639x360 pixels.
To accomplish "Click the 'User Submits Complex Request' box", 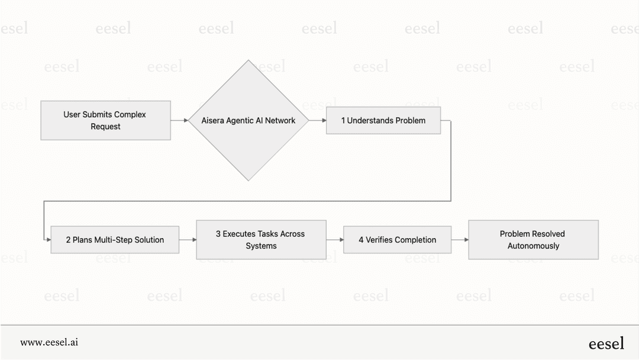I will pyautogui.click(x=105, y=120).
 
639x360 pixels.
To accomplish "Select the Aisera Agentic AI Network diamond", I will pyautogui.click(x=248, y=120).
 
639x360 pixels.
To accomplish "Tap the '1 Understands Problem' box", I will pyautogui.click(x=383, y=120).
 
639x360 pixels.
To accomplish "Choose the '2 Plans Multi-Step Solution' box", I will pyautogui.click(x=115, y=240).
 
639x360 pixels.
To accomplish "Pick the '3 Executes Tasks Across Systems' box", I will pyautogui.click(x=261, y=240).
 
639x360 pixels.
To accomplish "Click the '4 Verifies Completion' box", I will pyautogui.click(x=397, y=240).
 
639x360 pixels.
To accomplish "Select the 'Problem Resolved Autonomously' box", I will pyautogui.click(x=533, y=240).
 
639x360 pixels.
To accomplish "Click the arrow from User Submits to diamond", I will pyautogui.click(x=179, y=120).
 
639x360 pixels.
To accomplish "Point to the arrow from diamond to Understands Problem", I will pyautogui.click(x=317, y=120).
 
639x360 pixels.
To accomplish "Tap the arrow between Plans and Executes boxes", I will pyautogui.click(x=188, y=240).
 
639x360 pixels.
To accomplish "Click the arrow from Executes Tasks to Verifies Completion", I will pyautogui.click(x=334, y=240).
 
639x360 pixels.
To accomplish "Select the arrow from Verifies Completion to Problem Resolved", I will pyautogui.click(x=460, y=240).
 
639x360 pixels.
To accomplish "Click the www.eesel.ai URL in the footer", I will pyautogui.click(x=49, y=342).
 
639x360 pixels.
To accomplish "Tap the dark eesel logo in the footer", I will pyautogui.click(x=606, y=343).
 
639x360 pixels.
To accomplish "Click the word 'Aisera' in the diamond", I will pyautogui.click(x=213, y=120).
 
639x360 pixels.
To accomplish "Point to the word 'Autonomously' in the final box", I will pyautogui.click(x=533, y=246).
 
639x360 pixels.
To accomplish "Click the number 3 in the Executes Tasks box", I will pyautogui.click(x=218, y=234).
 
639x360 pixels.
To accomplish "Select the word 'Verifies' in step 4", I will pyautogui.click(x=379, y=240).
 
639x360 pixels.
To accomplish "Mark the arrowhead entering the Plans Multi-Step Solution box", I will pyautogui.click(x=48, y=240).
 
